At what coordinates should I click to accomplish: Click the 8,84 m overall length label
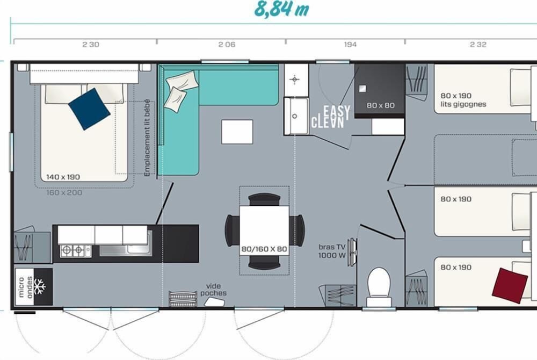coord(281,9)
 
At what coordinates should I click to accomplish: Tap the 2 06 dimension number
coord(227,45)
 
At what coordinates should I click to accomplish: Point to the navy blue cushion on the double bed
coord(89,109)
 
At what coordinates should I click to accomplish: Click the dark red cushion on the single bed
coord(510,286)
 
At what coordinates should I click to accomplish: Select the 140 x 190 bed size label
coord(63,177)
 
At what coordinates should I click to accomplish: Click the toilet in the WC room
coord(379,286)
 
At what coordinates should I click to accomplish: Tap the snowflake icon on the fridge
coord(39,286)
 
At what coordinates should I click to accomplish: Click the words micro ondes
coord(25,287)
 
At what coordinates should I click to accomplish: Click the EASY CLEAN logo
coord(330,117)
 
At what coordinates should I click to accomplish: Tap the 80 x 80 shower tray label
coord(380,105)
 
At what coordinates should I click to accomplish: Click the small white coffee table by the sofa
coord(237,132)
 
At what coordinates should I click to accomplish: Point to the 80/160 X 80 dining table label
coord(264,249)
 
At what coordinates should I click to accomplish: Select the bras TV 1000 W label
coord(332,251)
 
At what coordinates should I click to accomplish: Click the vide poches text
coord(213,290)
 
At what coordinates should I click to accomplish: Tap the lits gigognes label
coord(463,104)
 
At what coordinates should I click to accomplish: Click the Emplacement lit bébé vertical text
coord(147,138)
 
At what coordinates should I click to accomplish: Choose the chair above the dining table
coord(264,199)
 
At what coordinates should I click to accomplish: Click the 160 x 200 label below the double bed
coord(64,192)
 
